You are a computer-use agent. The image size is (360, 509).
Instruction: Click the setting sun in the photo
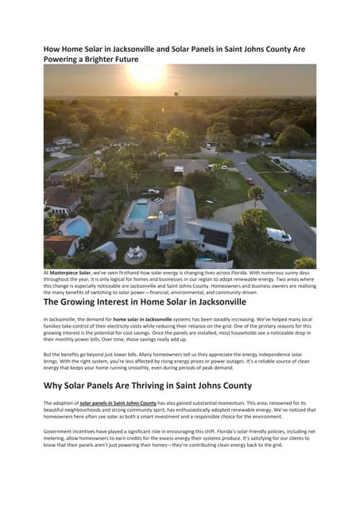click(146, 74)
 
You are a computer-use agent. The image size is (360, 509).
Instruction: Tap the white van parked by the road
click(279, 235)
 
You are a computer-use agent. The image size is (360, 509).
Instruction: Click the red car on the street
click(250, 181)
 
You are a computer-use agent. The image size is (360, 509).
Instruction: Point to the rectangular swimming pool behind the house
click(138, 212)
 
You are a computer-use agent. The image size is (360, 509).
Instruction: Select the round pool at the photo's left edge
click(76, 227)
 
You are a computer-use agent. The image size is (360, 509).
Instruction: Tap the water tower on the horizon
click(179, 93)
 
